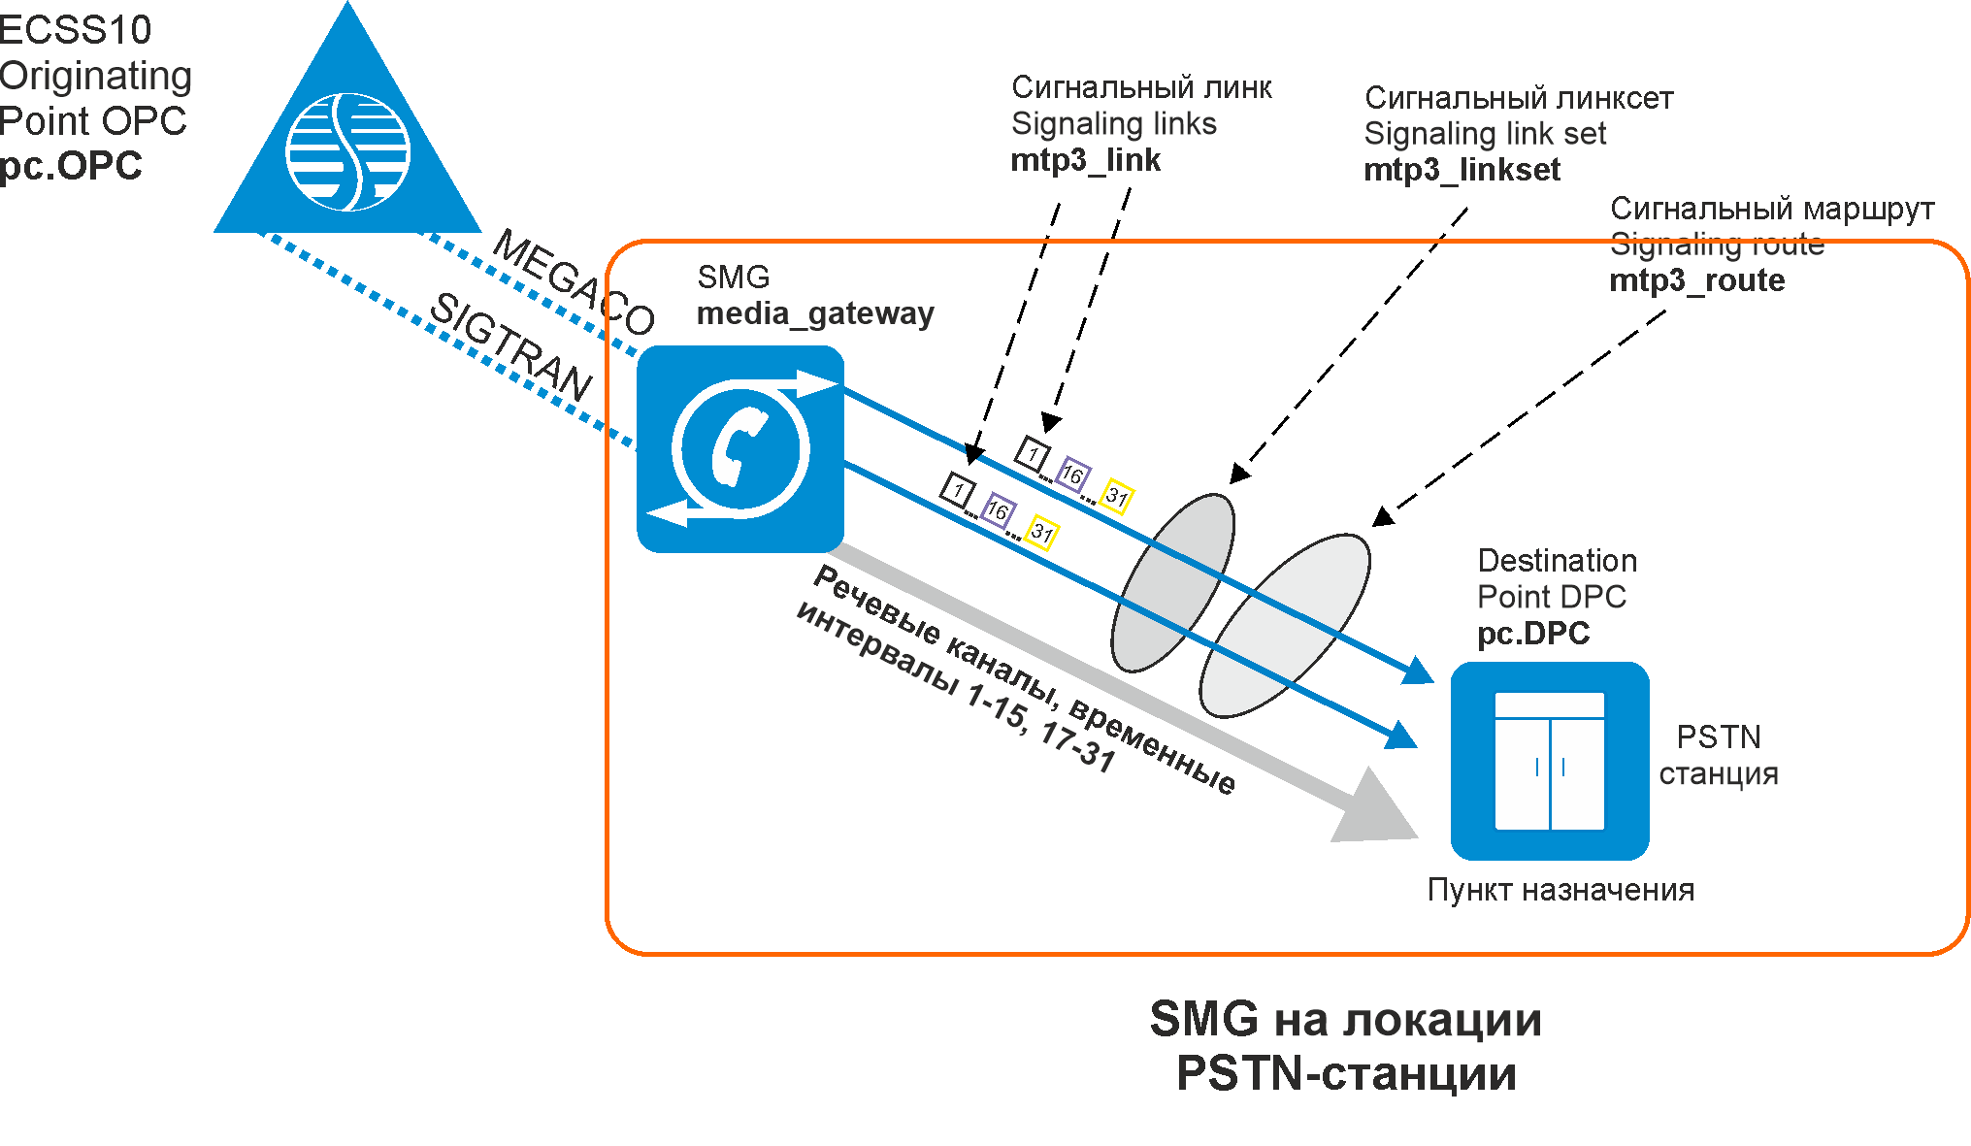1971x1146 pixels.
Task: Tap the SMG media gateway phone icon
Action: pyautogui.click(x=739, y=448)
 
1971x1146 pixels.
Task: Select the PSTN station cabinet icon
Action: pyautogui.click(x=1549, y=761)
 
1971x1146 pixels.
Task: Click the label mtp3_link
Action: pyautogui.click(x=1085, y=160)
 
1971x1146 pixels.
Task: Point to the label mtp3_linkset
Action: pyautogui.click(x=1462, y=170)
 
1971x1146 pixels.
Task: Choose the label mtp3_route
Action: pyautogui.click(x=1696, y=280)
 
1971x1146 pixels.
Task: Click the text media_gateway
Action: pyautogui.click(x=815, y=313)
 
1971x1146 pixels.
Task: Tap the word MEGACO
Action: pyautogui.click(x=574, y=280)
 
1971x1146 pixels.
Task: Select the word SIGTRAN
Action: pyautogui.click(x=510, y=345)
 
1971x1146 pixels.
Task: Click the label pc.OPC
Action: pyautogui.click(x=71, y=166)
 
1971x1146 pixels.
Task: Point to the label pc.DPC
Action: pyautogui.click(x=1532, y=634)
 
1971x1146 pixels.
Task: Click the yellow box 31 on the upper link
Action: pyautogui.click(x=1117, y=498)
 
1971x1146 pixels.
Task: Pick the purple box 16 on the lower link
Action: pyautogui.click(x=998, y=510)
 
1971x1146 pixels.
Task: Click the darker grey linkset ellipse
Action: pyautogui.click(x=1172, y=582)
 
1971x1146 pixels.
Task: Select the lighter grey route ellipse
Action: pyautogui.click(x=1285, y=626)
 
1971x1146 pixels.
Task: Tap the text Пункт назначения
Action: pyautogui.click(x=1560, y=890)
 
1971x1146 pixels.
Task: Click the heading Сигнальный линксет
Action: pyautogui.click(x=1518, y=98)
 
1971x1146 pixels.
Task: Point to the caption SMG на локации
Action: pyautogui.click(x=1345, y=1020)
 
